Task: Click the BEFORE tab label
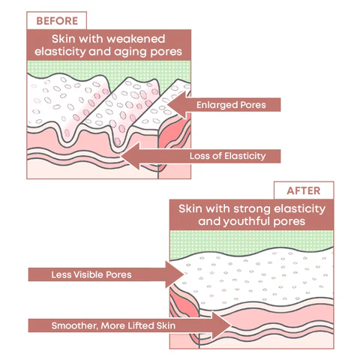pyautogui.click(x=57, y=21)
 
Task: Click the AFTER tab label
pyautogui.click(x=304, y=190)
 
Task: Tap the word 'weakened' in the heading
pyautogui.click(x=136, y=39)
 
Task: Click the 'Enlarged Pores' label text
pyautogui.click(x=231, y=105)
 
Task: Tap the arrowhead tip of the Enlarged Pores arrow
pyautogui.click(x=168, y=105)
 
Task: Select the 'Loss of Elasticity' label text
pyautogui.click(x=227, y=156)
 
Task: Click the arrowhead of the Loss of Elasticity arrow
pyautogui.click(x=121, y=156)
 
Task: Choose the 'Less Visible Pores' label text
pyautogui.click(x=91, y=274)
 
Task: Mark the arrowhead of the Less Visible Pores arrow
pyautogui.click(x=184, y=274)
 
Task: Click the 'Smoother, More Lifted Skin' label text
pyautogui.click(x=113, y=325)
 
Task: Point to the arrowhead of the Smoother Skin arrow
pyautogui.click(x=231, y=325)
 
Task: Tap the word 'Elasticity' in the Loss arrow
pyautogui.click(x=244, y=156)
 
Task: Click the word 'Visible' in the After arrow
pyautogui.click(x=89, y=274)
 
